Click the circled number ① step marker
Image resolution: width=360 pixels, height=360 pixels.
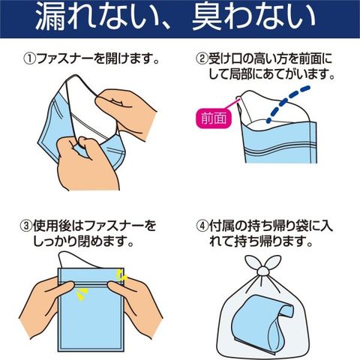tap(30, 59)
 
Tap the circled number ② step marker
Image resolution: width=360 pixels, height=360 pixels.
tap(202, 59)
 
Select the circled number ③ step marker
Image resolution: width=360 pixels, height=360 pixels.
tap(26, 226)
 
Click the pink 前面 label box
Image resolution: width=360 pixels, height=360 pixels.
tap(214, 118)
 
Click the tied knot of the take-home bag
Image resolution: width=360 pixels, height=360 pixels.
tap(263, 271)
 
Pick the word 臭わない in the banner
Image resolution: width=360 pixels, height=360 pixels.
tap(253, 17)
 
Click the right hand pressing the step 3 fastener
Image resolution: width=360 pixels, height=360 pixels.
tap(136, 307)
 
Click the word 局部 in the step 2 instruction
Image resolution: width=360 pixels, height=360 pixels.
tap(239, 74)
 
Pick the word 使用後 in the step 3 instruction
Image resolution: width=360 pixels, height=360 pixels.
tap(52, 226)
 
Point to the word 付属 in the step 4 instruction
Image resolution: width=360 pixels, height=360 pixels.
tap(221, 226)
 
